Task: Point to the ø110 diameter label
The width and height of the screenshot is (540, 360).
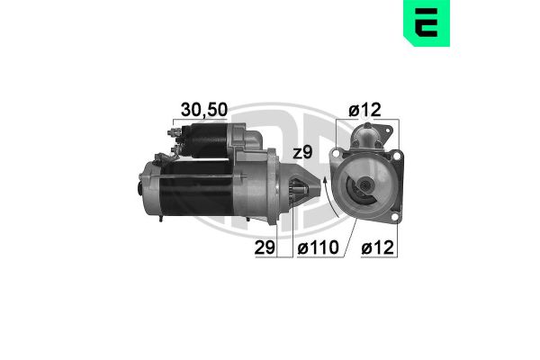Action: pyautogui.click(x=315, y=246)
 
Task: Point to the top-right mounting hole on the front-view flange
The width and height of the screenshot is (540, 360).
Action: pyautogui.click(x=393, y=155)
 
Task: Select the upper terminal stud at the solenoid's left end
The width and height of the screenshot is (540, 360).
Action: pyautogui.click(x=171, y=131)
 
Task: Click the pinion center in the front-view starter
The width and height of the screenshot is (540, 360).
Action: pyautogui.click(x=365, y=190)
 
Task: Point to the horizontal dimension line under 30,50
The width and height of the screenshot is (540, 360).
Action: pyautogui.click(x=202, y=121)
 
